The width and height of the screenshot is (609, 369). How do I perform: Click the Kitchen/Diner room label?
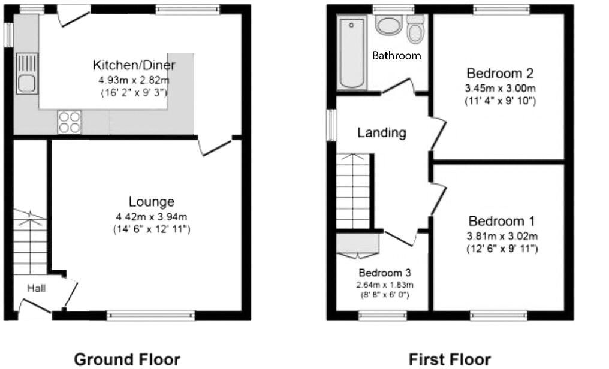click(134, 65)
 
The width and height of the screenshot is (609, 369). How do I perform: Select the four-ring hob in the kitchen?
click(68, 122)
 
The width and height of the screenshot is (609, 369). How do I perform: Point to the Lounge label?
click(151, 202)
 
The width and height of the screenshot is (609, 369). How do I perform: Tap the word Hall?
click(36, 288)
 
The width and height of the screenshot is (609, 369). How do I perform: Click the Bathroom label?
click(396, 56)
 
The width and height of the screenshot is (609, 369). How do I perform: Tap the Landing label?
click(382, 132)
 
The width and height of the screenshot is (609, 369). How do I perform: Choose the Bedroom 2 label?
click(500, 74)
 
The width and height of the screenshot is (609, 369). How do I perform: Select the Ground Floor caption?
click(126, 359)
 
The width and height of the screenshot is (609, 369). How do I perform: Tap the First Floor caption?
click(449, 359)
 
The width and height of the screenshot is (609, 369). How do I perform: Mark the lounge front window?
click(151, 314)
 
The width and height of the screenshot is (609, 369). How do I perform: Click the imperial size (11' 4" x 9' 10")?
click(500, 101)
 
